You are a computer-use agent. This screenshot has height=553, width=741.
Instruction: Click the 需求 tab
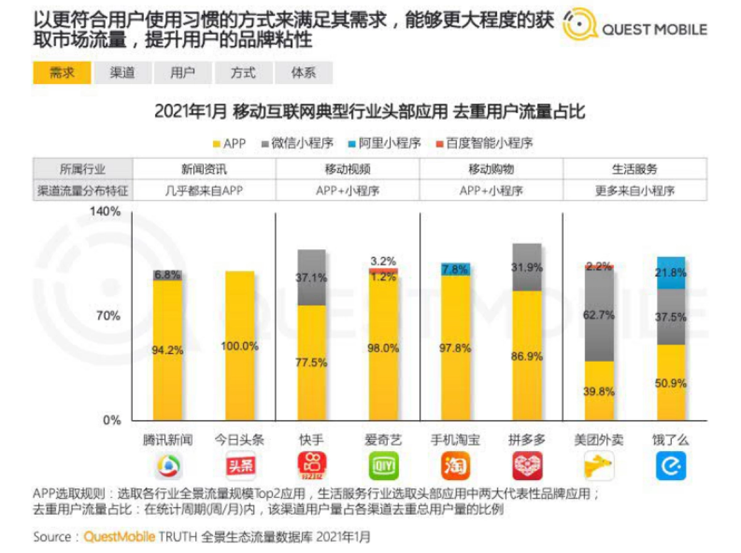tap(62, 73)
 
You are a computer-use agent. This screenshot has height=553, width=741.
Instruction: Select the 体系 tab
tap(303, 73)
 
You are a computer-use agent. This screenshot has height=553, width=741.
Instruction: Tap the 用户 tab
tap(182, 73)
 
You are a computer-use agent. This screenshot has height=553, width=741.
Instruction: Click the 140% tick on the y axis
tap(106, 212)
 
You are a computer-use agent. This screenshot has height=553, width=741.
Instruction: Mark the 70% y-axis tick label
tap(109, 316)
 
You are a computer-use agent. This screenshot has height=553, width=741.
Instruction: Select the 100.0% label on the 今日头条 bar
tap(240, 346)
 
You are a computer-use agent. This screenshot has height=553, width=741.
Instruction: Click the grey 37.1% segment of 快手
tap(311, 278)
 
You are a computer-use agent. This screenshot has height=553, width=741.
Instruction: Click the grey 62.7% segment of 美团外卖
tap(598, 315)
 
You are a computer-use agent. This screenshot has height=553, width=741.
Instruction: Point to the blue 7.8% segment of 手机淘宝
tap(455, 269)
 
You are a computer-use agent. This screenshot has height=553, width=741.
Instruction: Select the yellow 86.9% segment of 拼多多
tap(527, 355)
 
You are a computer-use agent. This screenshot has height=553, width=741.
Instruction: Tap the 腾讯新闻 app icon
tap(167, 466)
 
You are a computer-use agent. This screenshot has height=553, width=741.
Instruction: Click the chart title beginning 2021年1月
tap(369, 112)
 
